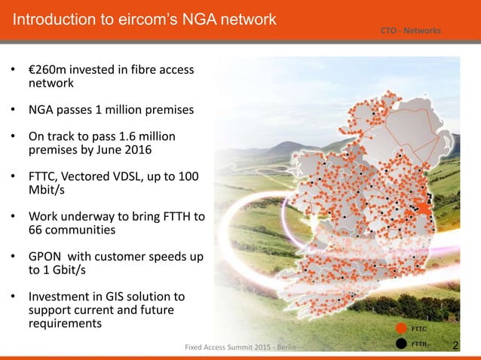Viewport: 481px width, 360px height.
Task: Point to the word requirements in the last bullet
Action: click(65, 323)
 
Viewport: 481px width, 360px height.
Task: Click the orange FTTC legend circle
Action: click(400, 329)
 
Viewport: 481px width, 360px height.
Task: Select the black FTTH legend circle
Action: click(400, 345)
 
